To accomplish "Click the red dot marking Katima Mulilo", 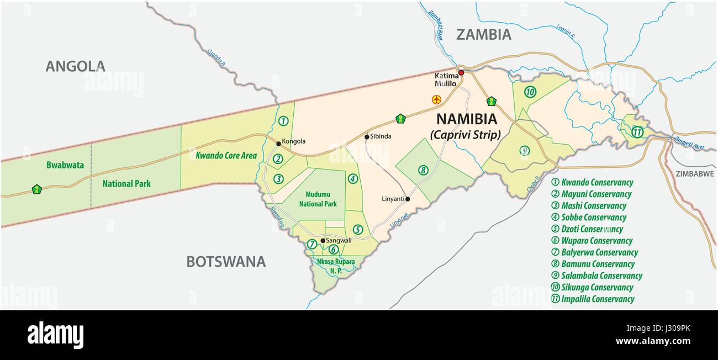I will pos(461,72).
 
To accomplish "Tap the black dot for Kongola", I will pos(278,143).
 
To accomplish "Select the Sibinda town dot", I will pos(367,137).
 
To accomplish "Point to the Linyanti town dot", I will pos(408,199).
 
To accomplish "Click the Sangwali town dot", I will pos(323,240).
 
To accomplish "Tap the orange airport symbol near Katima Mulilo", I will pos(436,99).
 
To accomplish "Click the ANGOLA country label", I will pos(75,66).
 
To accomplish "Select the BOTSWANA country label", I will pos(225,261).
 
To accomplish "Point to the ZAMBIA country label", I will pos(483,34).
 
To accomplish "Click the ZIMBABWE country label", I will pos(694,173).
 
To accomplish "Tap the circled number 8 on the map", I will pos(423,170).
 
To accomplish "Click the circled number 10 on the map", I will pos(530,92).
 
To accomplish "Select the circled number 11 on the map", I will pos(637,131).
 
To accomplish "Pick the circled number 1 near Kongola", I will pos(283,121).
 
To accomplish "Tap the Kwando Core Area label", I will pos(226,156).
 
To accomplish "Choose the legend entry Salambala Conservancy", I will pos(597,276).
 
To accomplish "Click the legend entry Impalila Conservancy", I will pos(593,299).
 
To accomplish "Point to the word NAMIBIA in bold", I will pos(467,119).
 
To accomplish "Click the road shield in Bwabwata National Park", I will pos(37,189).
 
